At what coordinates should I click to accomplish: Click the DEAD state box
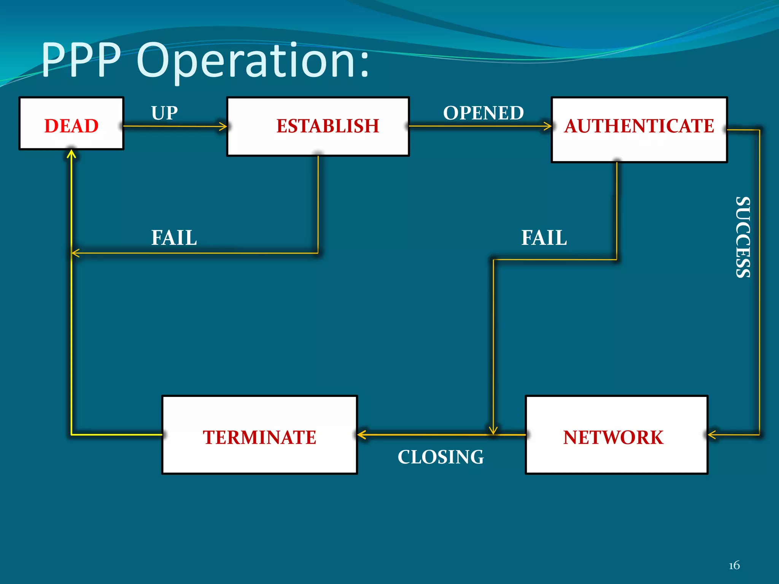[x=71, y=124]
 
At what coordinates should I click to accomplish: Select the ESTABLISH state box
[x=318, y=127]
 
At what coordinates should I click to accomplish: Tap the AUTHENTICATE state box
[x=639, y=130]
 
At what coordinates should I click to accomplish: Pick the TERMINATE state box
[x=259, y=435]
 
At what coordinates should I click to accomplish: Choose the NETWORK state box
[x=616, y=435]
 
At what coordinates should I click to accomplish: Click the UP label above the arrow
[x=164, y=113]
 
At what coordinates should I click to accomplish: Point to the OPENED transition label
[x=483, y=113]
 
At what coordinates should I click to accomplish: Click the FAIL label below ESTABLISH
[x=174, y=238]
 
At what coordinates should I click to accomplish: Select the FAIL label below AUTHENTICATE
[x=544, y=238]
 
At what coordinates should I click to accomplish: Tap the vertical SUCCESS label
[x=743, y=237]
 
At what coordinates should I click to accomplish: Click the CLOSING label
[x=440, y=457]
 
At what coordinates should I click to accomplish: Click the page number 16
[x=734, y=565]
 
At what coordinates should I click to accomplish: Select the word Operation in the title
[x=253, y=61]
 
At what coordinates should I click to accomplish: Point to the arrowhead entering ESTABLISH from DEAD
[x=223, y=126]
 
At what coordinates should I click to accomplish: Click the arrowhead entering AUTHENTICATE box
[x=548, y=126]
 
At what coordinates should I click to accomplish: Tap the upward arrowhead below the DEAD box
[x=72, y=154]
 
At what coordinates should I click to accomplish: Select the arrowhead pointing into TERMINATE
[x=362, y=435]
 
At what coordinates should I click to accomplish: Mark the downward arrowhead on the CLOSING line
[x=493, y=430]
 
